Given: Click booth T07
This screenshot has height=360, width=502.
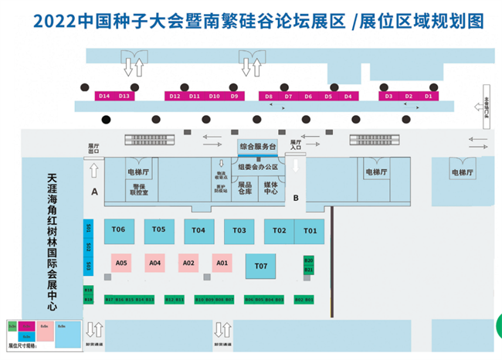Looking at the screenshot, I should click(x=260, y=267).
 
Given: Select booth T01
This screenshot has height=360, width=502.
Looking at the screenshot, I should click(x=310, y=230).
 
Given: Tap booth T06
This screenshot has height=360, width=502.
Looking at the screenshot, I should click(x=119, y=230).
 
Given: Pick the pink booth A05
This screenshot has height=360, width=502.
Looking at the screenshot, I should click(x=121, y=263).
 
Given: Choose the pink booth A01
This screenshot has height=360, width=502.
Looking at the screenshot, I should click(x=222, y=263).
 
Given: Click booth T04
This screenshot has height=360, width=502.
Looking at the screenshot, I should click(x=198, y=230).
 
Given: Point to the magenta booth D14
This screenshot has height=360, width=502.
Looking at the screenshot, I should click(x=104, y=96).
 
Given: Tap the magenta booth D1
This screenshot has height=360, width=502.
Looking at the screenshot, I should click(x=429, y=96).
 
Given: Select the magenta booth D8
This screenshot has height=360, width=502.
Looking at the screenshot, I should click(x=268, y=96).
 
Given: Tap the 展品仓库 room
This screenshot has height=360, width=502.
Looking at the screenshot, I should click(x=246, y=188).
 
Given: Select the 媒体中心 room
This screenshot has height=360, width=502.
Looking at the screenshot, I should click(x=271, y=188).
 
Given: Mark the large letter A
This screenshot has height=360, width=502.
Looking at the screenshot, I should click(x=94, y=190).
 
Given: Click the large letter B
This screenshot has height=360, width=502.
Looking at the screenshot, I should click(x=295, y=198).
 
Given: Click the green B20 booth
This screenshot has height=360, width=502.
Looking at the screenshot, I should click(x=308, y=261).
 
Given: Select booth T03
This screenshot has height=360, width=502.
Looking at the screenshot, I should click(x=239, y=230).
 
